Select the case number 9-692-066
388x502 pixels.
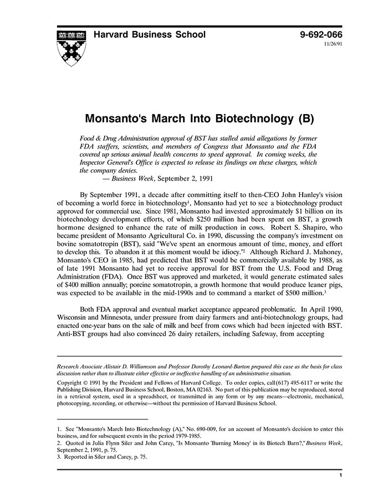321,35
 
